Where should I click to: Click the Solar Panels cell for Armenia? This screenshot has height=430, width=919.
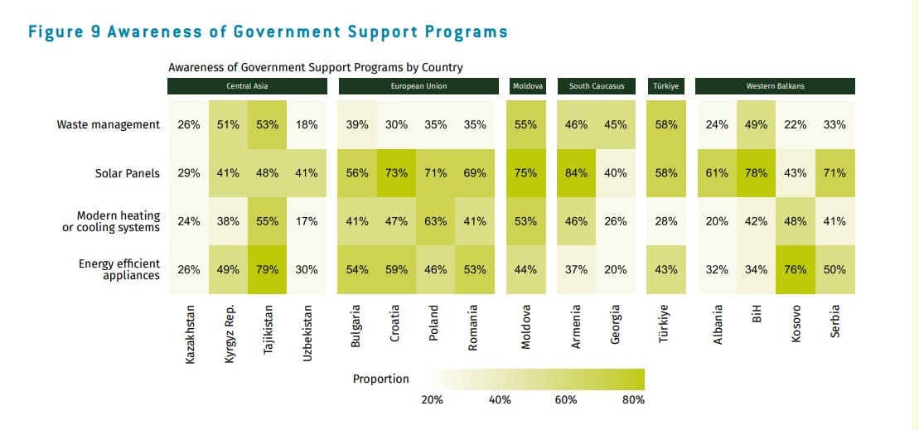pyautogui.click(x=576, y=173)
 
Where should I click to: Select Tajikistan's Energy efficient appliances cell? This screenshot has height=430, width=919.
pyautogui.click(x=267, y=269)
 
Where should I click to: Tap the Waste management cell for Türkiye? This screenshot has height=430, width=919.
pyautogui.click(x=666, y=125)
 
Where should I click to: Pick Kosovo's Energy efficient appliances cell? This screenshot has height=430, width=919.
pyautogui.click(x=796, y=269)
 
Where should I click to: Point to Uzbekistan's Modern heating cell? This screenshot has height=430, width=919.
pyautogui.click(x=307, y=221)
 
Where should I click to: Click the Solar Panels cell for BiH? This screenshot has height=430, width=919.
pyautogui.click(x=757, y=173)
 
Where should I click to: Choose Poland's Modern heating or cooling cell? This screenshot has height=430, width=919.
pyautogui.click(x=436, y=221)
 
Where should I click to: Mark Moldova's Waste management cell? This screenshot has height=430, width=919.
pyautogui.click(x=525, y=125)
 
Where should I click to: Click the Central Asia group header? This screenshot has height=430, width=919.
pyautogui.click(x=247, y=86)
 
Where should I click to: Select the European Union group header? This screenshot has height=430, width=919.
pyautogui.click(x=419, y=86)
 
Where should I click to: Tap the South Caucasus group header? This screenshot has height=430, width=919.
pyautogui.click(x=597, y=86)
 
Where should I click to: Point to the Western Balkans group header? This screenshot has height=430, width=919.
pyautogui.click(x=775, y=86)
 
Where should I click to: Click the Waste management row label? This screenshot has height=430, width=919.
pyautogui.click(x=108, y=125)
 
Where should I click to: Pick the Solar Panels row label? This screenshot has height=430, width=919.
pyautogui.click(x=127, y=173)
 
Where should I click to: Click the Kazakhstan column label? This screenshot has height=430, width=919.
pyautogui.click(x=190, y=335)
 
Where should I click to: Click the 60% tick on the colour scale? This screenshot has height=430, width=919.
pyautogui.click(x=566, y=399)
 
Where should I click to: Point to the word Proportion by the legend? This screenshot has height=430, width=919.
pyautogui.click(x=381, y=379)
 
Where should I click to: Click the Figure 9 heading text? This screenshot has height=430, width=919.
pyautogui.click(x=268, y=32)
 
